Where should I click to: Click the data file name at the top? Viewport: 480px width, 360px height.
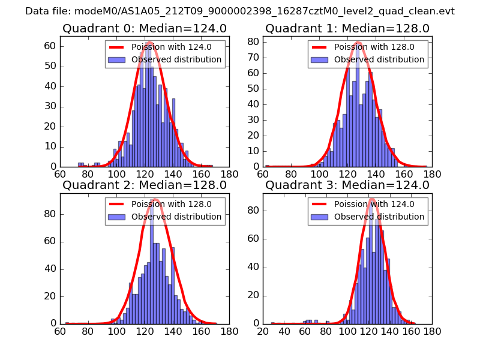coord(240,11)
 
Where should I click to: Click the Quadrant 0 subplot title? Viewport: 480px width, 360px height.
coord(145,28)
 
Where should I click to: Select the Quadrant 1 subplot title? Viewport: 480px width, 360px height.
coord(347,28)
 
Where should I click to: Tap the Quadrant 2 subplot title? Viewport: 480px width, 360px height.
coord(145,185)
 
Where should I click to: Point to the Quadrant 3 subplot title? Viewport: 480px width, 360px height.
coord(347,185)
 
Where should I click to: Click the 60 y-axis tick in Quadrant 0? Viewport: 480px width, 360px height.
coord(50,46)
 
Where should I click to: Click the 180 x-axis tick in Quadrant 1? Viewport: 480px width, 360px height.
coord(432,175)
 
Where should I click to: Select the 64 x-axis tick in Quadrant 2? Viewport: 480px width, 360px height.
coord(60,332)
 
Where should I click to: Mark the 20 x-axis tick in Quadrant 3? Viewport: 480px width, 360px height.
coord(263,332)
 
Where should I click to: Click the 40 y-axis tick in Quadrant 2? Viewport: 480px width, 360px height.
coord(50,268)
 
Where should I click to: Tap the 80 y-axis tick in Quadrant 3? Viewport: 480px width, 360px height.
coord(253,211)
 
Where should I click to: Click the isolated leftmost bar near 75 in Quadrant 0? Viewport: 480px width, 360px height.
coord(81,164)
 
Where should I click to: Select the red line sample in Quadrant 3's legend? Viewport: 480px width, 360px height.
coord(320,205)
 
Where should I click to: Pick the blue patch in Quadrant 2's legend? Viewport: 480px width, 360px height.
coord(118,217)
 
